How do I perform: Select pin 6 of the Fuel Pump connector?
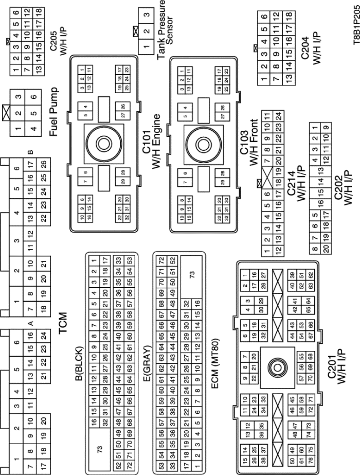coord(32,96)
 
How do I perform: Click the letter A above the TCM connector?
coord(30,323)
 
